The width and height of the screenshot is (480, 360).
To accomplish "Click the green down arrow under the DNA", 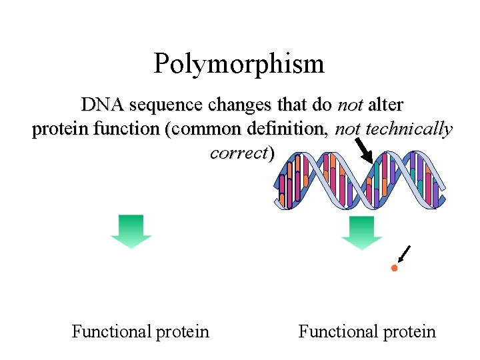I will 361,233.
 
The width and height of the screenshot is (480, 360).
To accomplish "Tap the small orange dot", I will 394,268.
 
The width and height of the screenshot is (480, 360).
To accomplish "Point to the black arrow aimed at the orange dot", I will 404,254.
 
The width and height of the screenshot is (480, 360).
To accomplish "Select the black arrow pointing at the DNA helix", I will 364,149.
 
